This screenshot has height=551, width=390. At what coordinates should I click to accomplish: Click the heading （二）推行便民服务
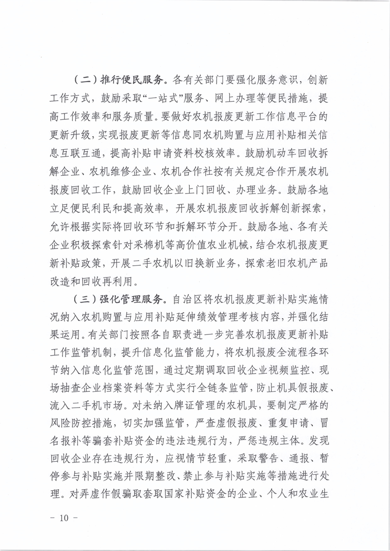[122, 79]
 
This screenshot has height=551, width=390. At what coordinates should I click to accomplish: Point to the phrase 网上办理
[237, 98]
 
